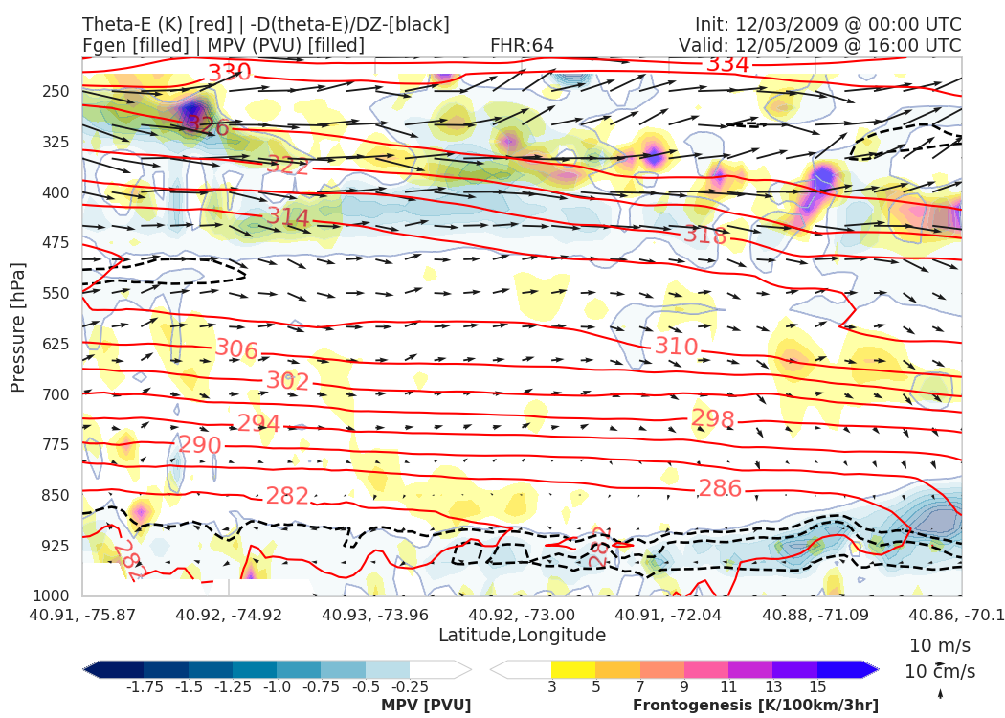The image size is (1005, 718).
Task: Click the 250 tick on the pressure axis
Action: click(x=56, y=91)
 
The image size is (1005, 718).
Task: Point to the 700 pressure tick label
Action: click(x=56, y=393)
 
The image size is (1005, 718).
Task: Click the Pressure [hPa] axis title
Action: click(x=18, y=326)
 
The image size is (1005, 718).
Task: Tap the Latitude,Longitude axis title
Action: click(x=522, y=636)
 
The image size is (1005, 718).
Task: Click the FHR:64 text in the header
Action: click(x=522, y=45)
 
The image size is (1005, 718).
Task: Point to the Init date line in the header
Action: click(x=828, y=24)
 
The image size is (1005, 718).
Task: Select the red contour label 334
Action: click(x=727, y=64)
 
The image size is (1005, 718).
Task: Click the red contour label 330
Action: click(x=230, y=73)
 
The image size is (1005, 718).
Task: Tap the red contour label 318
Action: click(x=705, y=235)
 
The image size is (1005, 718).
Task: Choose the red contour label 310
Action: click(x=676, y=346)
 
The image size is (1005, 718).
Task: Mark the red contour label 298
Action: click(x=712, y=419)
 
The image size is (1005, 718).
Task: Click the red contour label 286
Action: click(x=720, y=488)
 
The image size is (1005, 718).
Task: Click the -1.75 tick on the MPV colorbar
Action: click(x=144, y=686)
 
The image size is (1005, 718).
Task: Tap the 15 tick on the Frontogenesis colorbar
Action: click(x=816, y=686)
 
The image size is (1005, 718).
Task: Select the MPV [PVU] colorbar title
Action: click(x=426, y=706)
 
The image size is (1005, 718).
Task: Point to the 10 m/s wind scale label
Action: click(x=936, y=645)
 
